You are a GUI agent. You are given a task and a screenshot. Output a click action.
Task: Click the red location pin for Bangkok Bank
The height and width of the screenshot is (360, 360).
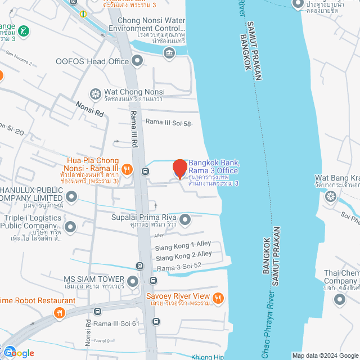(179, 169)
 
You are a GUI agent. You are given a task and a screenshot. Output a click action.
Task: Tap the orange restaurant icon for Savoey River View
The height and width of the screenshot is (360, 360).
(219, 297)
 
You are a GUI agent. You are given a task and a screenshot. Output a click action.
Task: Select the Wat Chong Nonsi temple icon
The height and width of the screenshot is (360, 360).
(96, 93)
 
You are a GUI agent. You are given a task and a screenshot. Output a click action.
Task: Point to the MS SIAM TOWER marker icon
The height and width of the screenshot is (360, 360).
(133, 280)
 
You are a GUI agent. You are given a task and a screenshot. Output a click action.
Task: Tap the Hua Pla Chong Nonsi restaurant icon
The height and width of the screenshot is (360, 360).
(128, 168)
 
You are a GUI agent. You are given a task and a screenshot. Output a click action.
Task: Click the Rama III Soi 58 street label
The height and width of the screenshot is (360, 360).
(168, 121)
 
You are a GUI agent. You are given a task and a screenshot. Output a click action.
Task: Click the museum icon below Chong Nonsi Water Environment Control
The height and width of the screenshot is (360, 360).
(169, 53)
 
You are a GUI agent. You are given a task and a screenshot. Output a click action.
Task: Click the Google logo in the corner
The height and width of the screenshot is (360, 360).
(18, 353)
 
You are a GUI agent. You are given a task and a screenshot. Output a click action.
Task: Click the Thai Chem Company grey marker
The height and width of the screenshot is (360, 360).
(339, 299)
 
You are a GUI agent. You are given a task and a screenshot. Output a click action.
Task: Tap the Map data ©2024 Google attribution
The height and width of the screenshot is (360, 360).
(325, 355)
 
